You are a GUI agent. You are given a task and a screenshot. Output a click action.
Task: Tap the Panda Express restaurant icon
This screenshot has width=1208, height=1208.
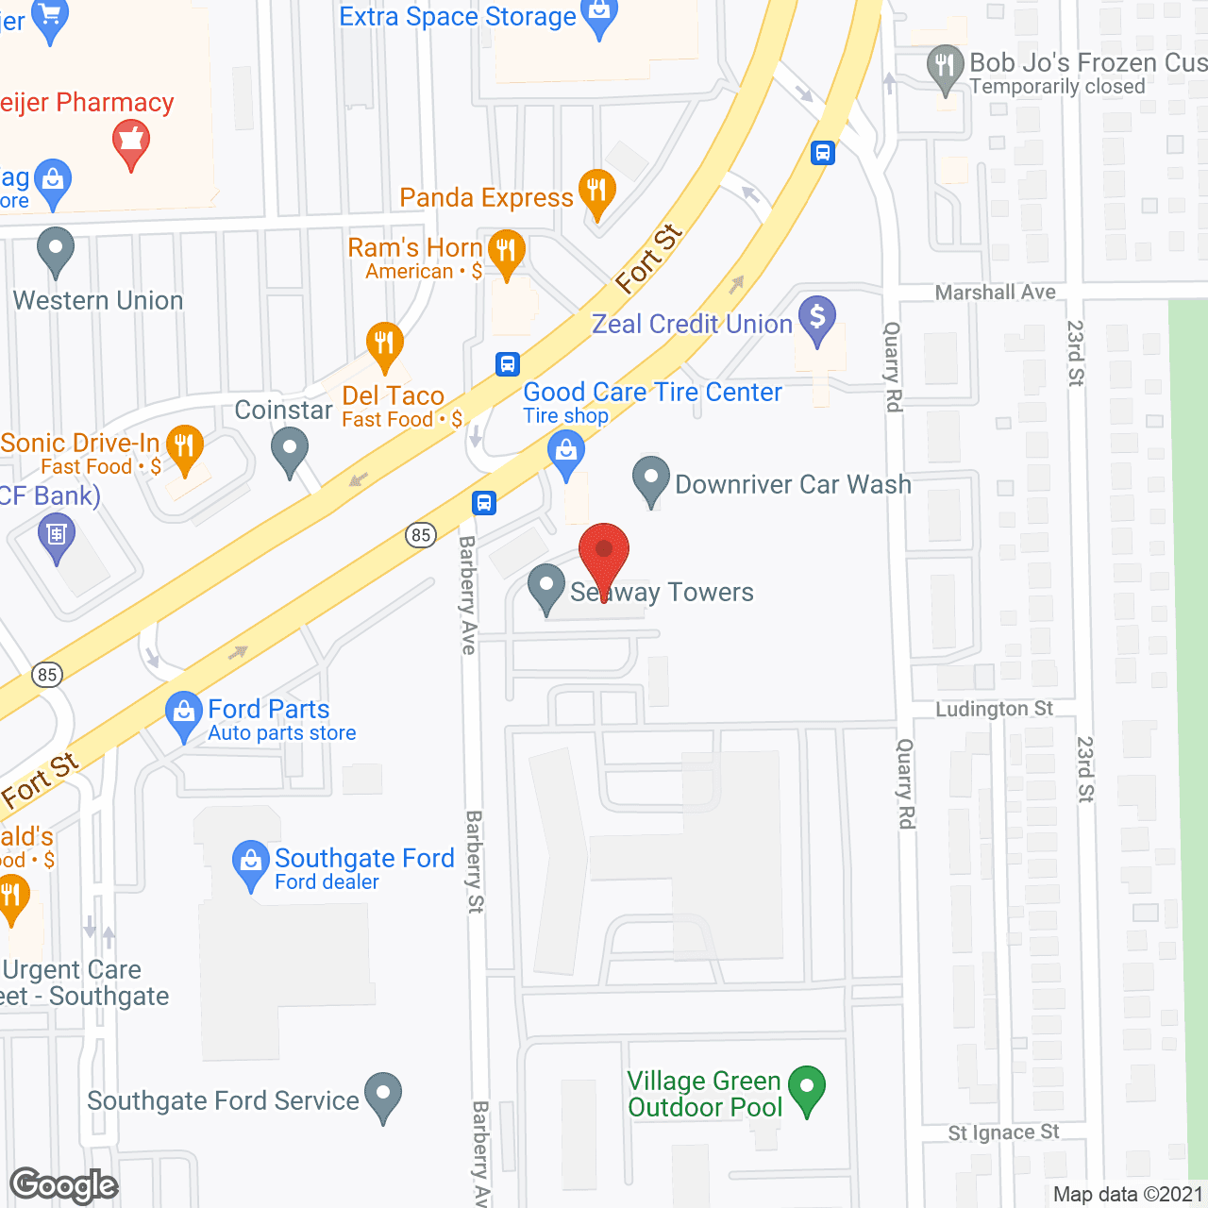[596, 191]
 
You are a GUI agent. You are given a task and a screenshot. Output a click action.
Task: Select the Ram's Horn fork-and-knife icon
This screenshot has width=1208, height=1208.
[507, 251]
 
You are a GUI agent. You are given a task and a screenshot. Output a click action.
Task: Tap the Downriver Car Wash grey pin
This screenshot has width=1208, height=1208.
[650, 478]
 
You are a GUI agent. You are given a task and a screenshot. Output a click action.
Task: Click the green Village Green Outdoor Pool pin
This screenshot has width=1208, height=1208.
[807, 1088]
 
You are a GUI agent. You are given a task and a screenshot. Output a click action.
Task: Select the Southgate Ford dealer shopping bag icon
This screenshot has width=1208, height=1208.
[250, 863]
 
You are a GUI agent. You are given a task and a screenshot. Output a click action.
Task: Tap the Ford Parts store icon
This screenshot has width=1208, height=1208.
[183, 714]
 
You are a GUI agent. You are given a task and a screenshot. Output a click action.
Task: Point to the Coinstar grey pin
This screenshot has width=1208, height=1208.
[290, 449]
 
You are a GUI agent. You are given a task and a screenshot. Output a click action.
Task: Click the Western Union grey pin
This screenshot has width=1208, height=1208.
[56, 250]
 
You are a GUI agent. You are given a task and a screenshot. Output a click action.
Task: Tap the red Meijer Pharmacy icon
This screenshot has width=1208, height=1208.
[131, 145]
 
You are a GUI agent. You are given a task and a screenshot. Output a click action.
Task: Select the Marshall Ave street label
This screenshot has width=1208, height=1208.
[995, 293]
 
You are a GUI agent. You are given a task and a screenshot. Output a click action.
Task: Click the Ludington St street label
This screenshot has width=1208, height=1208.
[994, 709]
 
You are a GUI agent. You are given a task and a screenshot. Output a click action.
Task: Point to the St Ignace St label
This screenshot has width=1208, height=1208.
[1003, 1132]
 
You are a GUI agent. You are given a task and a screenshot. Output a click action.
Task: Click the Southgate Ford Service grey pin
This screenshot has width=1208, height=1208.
[383, 1095]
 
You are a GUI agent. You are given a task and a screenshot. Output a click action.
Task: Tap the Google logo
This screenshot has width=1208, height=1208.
[64, 1185]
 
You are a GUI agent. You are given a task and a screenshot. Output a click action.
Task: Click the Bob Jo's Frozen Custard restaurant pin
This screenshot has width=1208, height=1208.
[945, 67]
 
